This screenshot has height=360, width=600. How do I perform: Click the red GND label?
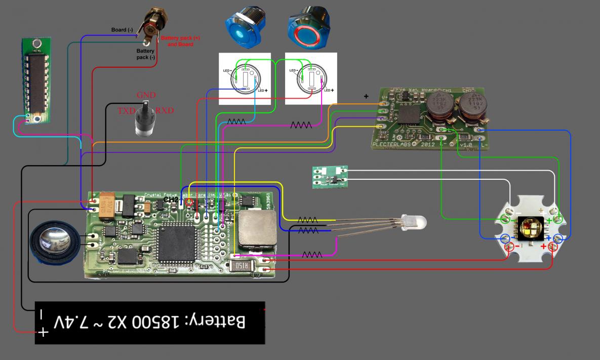pos(146,95)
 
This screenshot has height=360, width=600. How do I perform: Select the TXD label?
pos(127,110)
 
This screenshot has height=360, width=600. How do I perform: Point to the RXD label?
pos(165,110)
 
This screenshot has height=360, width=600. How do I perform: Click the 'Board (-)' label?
pos(122,30)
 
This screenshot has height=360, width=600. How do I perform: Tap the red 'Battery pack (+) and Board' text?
pos(177,41)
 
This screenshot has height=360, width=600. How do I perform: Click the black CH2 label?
pos(171,199)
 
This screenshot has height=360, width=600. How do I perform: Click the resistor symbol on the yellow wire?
pos(308,220)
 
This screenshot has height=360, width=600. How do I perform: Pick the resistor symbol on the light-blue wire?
pos(236,122)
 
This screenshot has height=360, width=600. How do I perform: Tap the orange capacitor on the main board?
pos(110,208)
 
